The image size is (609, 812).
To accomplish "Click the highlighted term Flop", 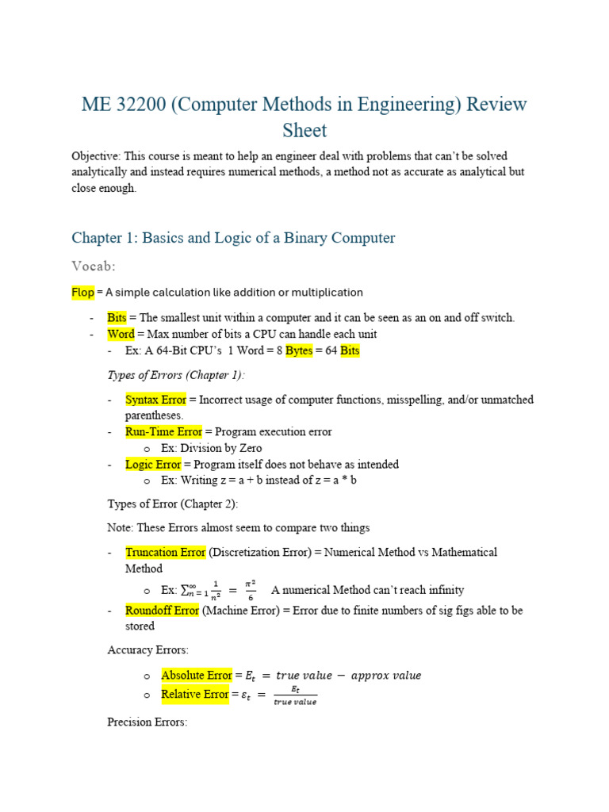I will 82,292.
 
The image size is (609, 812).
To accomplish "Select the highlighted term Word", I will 121,334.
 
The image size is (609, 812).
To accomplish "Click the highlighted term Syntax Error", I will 156,400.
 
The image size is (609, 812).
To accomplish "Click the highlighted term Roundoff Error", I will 163,611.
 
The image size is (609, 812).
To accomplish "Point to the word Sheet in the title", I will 304,129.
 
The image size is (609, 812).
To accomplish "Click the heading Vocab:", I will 94,266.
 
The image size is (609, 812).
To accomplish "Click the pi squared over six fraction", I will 251,590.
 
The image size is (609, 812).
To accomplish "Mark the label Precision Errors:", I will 147,722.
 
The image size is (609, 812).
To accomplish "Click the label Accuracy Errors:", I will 147,649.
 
